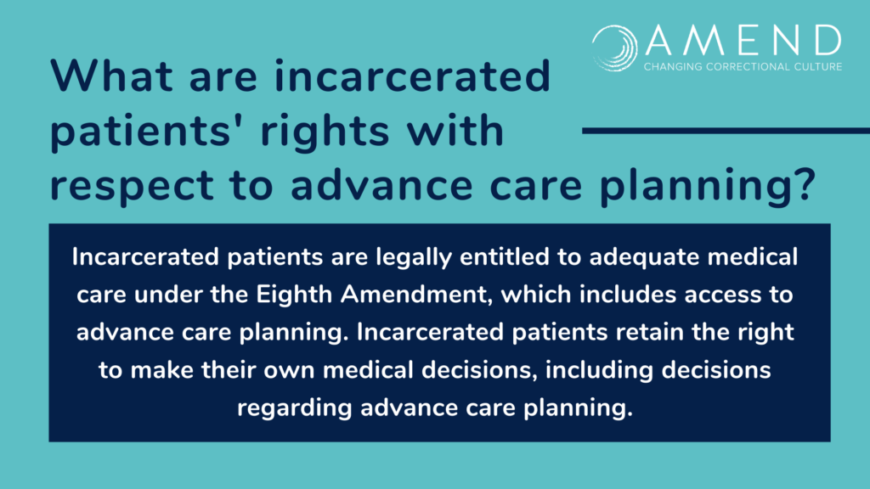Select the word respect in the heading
click(132, 186)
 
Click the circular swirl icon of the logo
click(615, 48)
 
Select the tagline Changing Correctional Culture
click(743, 66)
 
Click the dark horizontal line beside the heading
click(726, 131)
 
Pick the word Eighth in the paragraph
click(293, 295)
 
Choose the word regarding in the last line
click(295, 408)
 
